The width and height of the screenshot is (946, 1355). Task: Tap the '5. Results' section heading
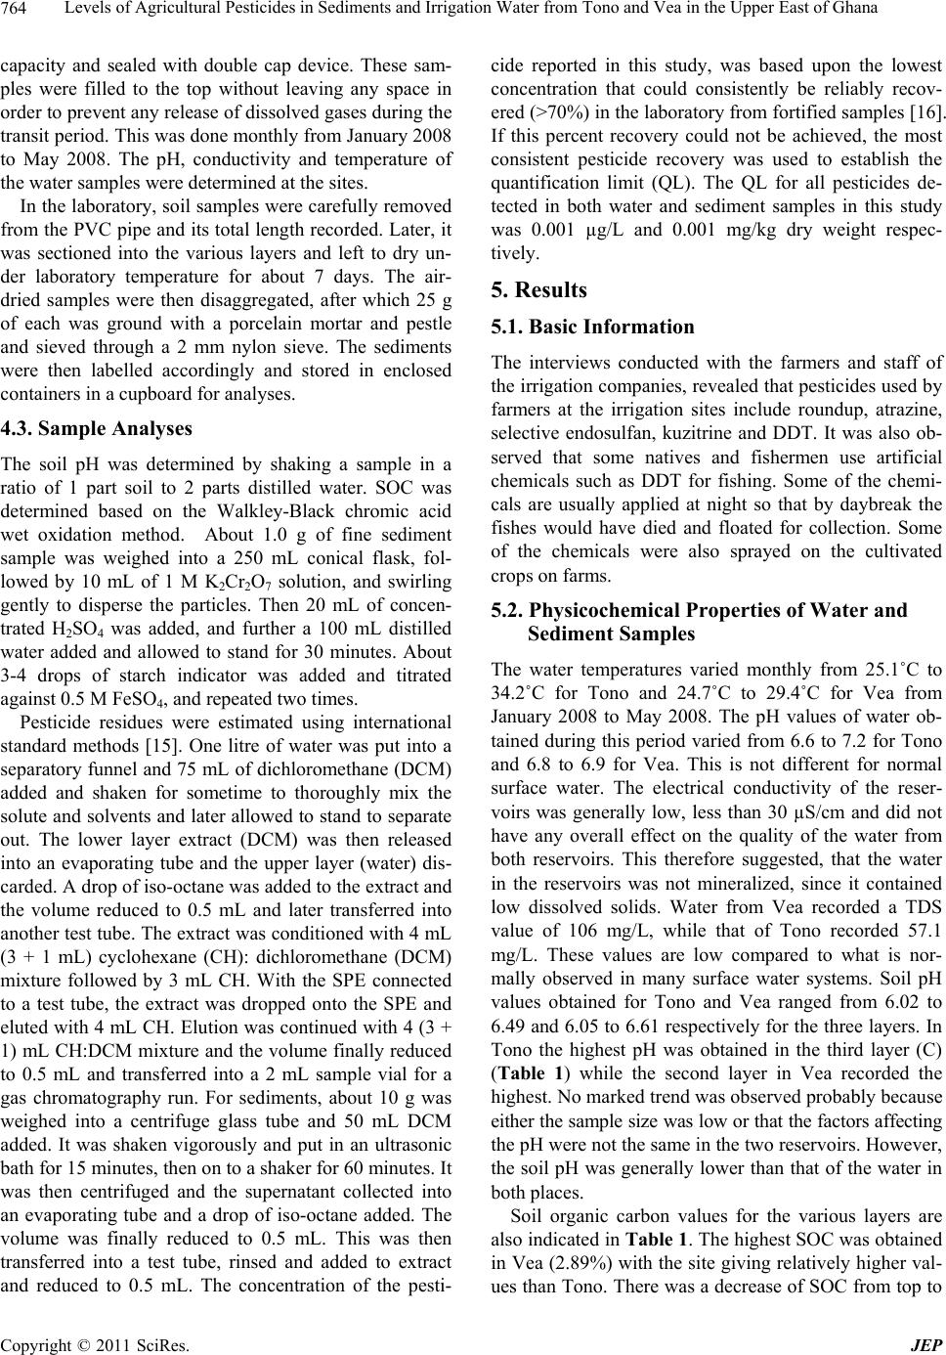point(538,289)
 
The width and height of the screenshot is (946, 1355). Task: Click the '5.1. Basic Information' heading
point(591,327)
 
